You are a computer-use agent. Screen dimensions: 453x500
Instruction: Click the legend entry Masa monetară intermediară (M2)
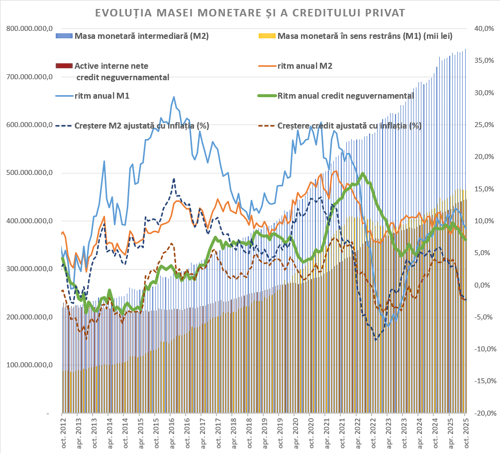pyautogui.click(x=141, y=36)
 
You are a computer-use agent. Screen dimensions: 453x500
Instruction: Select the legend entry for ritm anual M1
pyautogui.click(x=102, y=96)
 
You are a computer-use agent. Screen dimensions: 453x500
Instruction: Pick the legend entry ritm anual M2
pyautogui.click(x=305, y=66)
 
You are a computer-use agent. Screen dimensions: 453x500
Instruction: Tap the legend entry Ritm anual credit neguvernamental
pyautogui.click(x=346, y=96)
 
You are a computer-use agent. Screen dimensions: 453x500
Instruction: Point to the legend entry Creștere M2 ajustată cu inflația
pyautogui.click(x=141, y=126)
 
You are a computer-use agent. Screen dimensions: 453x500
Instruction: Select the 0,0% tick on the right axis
pyautogui.click(x=485, y=285)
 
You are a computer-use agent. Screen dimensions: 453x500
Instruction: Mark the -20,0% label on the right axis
pyautogui.click(x=484, y=413)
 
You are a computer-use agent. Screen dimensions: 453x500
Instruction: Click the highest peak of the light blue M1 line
pyautogui.click(x=173, y=97)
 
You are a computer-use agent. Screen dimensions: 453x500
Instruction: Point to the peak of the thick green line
pyautogui.click(x=363, y=173)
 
